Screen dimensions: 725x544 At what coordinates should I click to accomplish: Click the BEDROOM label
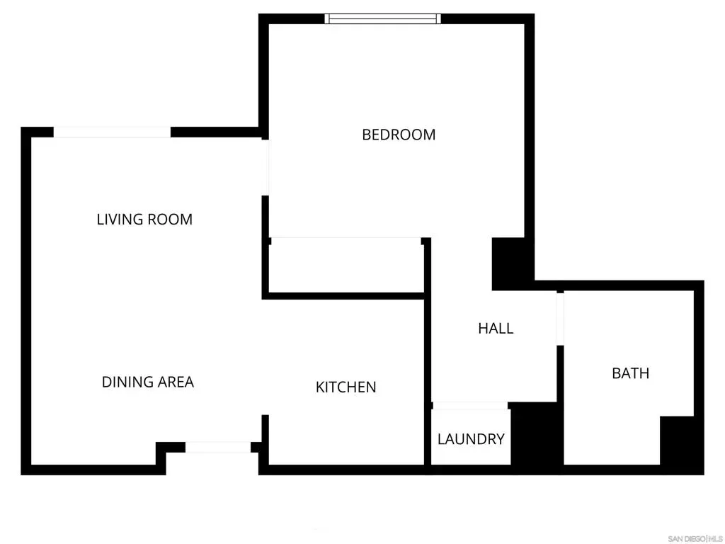399,135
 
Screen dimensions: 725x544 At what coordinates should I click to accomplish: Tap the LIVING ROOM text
144,220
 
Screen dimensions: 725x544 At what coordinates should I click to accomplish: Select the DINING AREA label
148,382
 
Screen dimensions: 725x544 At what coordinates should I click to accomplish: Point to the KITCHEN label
346,387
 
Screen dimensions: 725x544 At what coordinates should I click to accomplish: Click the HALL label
496,329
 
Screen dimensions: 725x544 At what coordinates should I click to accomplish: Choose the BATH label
631,373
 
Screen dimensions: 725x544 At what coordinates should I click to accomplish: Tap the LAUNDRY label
471,439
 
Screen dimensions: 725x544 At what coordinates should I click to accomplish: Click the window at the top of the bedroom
382,18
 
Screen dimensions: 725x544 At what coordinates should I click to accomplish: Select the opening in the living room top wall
113,132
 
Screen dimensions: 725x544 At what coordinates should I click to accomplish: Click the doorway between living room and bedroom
266,167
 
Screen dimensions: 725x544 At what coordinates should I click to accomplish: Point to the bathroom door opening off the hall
560,319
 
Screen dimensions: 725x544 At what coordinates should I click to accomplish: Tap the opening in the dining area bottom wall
218,448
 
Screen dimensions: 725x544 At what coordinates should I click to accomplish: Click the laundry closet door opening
470,406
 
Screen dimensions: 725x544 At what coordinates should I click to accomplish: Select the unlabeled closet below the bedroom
346,266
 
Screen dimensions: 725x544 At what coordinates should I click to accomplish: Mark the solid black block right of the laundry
537,433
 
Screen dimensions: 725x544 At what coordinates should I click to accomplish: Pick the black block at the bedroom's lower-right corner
508,263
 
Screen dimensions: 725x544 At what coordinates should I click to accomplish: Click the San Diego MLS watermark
695,539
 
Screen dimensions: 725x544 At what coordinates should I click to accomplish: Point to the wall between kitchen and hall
428,351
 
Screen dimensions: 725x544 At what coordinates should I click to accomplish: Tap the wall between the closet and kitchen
343,296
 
